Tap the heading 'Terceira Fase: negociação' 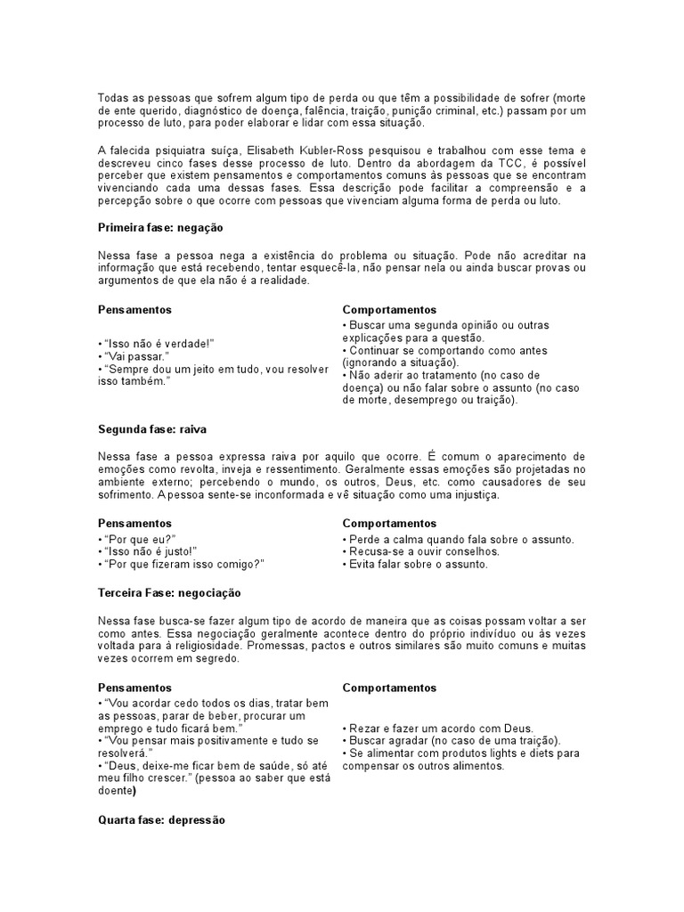[x=169, y=592]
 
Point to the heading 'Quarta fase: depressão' [x=162, y=819]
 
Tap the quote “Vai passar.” [x=134, y=356]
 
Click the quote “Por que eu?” [x=137, y=540]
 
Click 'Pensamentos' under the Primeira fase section [x=134, y=310]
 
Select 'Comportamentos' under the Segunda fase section [x=389, y=523]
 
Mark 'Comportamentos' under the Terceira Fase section [x=389, y=688]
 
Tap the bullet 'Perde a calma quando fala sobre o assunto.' [x=459, y=540]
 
